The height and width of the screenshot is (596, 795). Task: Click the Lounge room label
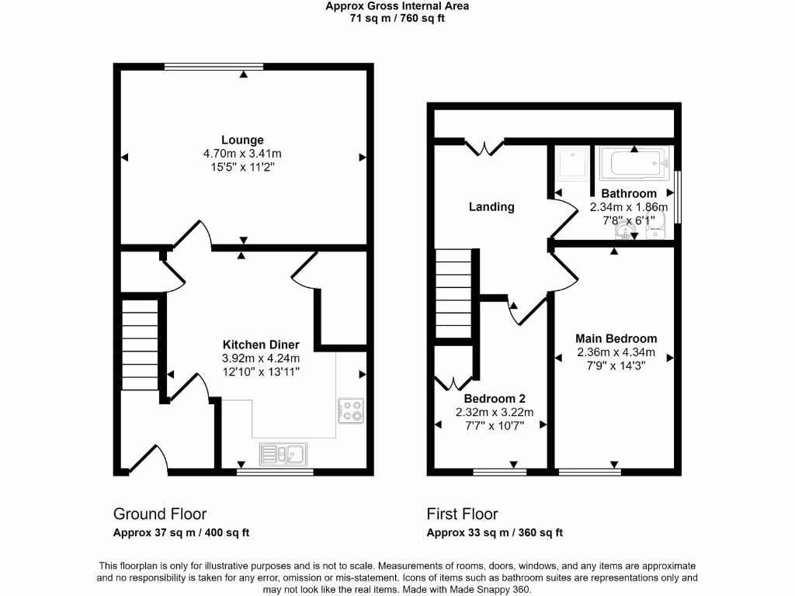click(x=242, y=140)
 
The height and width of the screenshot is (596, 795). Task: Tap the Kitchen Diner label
click(x=260, y=345)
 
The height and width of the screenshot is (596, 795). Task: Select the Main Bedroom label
click(x=616, y=338)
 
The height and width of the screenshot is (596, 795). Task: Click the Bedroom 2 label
click(x=490, y=399)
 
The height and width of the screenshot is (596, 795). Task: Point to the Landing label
click(x=491, y=206)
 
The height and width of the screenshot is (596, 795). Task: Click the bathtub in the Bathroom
click(x=634, y=165)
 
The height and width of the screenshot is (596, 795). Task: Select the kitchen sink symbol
click(x=283, y=453)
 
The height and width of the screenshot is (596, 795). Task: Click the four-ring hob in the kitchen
click(x=350, y=411)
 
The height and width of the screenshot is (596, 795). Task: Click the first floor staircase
click(x=453, y=293)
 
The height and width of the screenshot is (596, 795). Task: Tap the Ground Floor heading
click(x=160, y=514)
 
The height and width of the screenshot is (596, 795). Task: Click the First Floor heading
click(x=462, y=514)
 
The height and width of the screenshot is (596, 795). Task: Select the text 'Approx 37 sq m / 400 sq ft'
click(x=181, y=532)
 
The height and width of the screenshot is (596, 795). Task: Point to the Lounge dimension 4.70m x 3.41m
click(x=242, y=154)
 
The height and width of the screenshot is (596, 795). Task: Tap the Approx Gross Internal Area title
click(x=397, y=6)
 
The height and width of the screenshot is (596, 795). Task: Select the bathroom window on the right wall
click(x=676, y=195)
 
